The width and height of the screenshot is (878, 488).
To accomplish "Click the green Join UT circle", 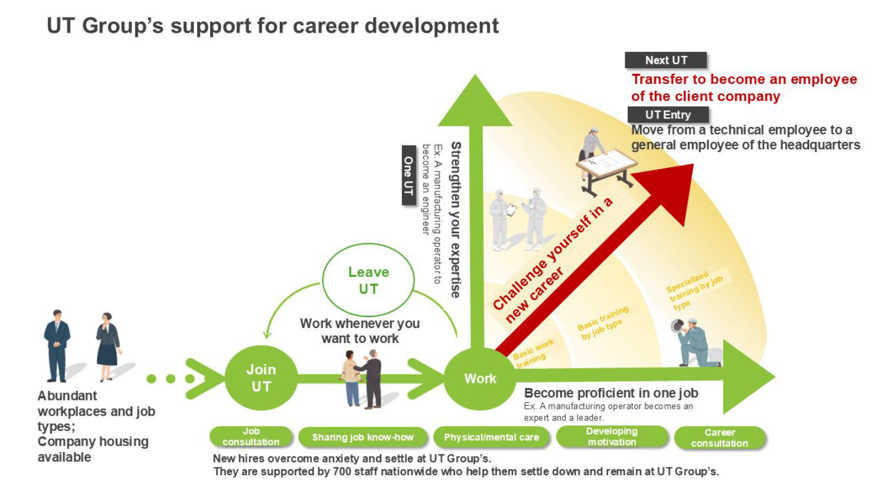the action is click(261, 378).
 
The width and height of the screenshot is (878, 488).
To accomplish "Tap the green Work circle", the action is click(480, 378).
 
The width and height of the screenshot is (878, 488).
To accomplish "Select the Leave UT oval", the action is click(368, 280).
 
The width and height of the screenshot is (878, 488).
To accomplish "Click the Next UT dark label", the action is click(666, 60).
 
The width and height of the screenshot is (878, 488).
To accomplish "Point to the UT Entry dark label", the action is click(668, 115).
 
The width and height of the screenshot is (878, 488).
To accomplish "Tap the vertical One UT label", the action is click(409, 175).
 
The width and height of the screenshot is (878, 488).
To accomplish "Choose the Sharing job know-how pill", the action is click(363, 437).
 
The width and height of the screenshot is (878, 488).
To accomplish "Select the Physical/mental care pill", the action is click(491, 437).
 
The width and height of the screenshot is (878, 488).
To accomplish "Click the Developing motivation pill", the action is click(612, 437).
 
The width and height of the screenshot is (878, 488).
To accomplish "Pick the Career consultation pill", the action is click(720, 438).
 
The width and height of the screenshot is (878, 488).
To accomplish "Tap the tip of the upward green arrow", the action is click(475, 74).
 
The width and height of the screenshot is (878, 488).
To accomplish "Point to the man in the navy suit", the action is click(57, 345).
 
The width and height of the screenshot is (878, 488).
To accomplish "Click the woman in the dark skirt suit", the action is click(107, 347).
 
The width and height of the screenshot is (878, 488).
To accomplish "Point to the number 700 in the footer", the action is click(341, 472).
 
